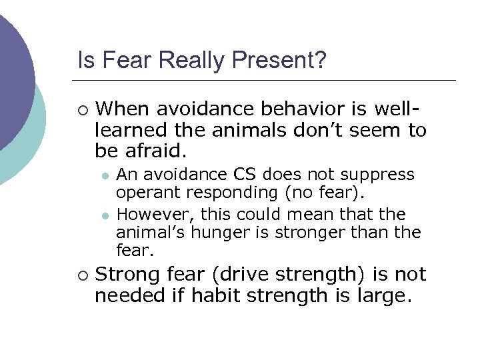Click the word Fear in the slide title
(x=113, y=61)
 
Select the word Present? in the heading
(x=279, y=61)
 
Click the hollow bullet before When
(x=82, y=109)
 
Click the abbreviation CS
(x=244, y=175)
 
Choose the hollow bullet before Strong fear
(x=82, y=275)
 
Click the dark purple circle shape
(x=10, y=73)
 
